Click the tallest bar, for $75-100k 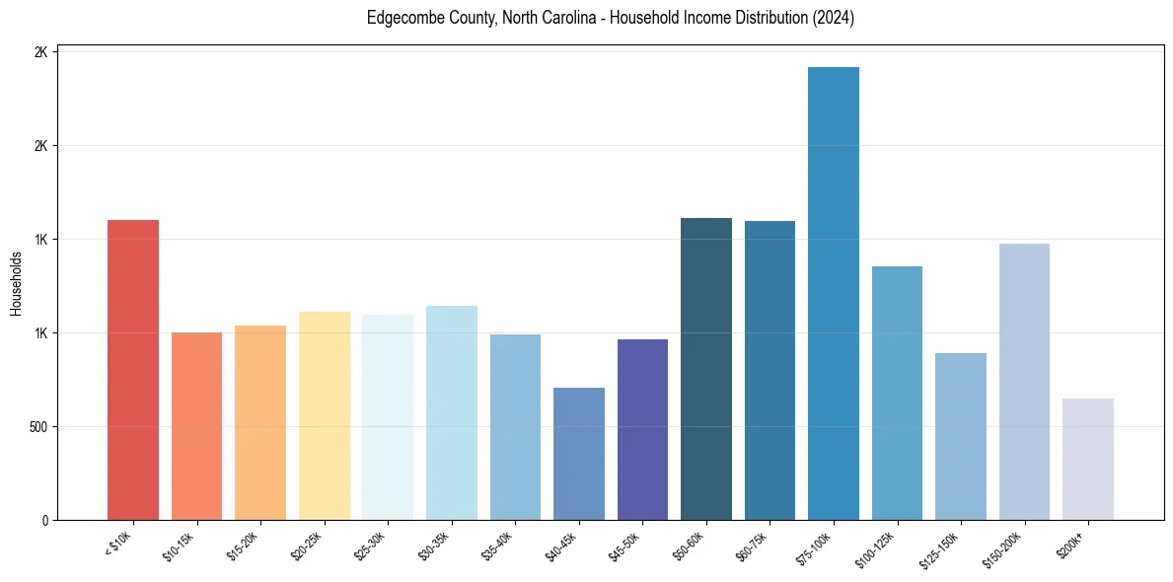click(x=833, y=293)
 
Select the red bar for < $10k click(x=133, y=370)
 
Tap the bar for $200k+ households click(x=1087, y=459)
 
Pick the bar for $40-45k click(x=579, y=454)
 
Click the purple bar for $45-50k click(x=642, y=429)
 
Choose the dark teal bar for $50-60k click(x=706, y=369)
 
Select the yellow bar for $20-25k click(x=325, y=415)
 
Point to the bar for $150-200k click(x=1024, y=382)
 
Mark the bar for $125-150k click(x=960, y=436)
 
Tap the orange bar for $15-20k click(x=260, y=422)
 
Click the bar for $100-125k click(x=897, y=393)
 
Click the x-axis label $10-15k click(x=180, y=546)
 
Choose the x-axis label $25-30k click(x=371, y=546)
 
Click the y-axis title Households click(x=17, y=283)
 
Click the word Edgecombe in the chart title click(x=399, y=19)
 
